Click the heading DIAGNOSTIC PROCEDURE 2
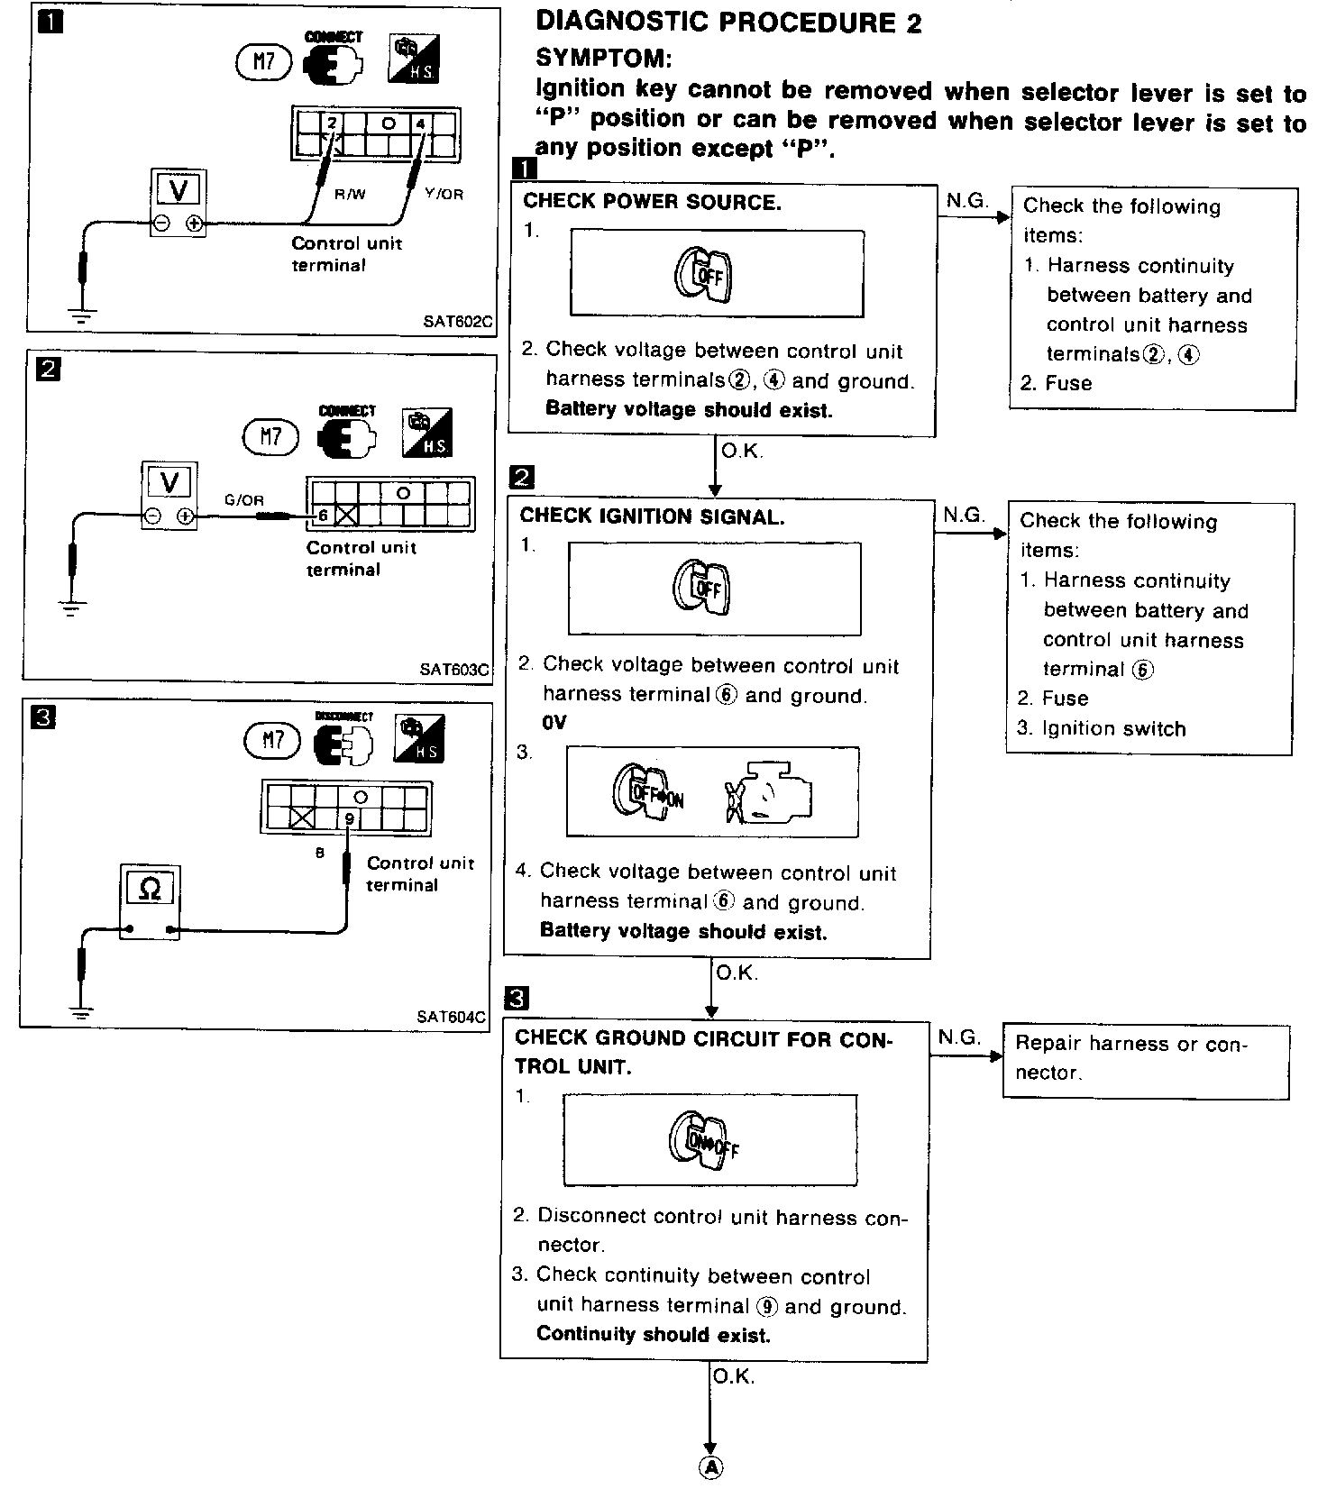(728, 23)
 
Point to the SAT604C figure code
(452, 1017)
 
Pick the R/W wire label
(350, 194)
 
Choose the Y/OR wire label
(444, 194)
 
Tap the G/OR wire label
(244, 500)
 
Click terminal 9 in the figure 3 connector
(349, 818)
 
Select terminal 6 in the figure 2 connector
(323, 516)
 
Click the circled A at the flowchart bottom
(711, 1468)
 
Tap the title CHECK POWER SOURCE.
(652, 202)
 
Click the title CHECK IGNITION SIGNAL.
(652, 516)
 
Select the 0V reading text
(554, 723)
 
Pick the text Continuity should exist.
(654, 1334)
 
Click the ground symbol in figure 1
(83, 315)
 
